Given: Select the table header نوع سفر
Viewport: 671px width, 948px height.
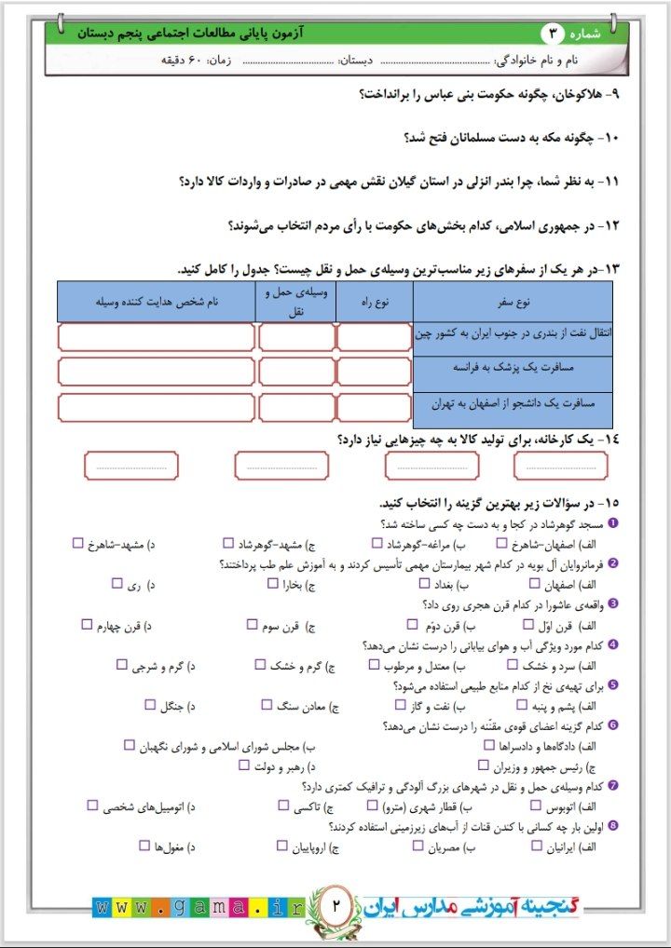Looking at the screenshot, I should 513,303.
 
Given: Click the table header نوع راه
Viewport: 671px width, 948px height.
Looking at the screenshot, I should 374,303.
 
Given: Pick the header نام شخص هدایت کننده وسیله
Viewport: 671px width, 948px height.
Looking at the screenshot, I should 156,303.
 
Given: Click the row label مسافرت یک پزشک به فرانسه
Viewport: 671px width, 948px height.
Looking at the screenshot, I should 514,370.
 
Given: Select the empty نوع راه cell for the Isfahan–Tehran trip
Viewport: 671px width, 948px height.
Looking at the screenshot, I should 374,407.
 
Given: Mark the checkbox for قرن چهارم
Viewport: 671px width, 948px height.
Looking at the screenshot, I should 87,625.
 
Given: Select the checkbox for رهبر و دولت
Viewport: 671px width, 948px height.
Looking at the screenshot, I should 244,765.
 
